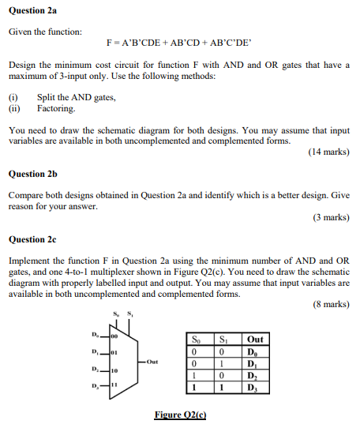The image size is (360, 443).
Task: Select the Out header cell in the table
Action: pos(255,340)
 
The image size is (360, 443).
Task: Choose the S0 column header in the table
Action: pos(196,340)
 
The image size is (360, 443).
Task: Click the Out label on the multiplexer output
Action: pos(152,362)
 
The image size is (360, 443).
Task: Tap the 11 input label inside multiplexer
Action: pos(114,385)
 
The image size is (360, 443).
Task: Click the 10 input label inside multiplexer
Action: pos(114,370)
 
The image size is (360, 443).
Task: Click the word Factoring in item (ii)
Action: pos(56,109)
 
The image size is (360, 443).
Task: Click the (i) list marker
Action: pos(13,97)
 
